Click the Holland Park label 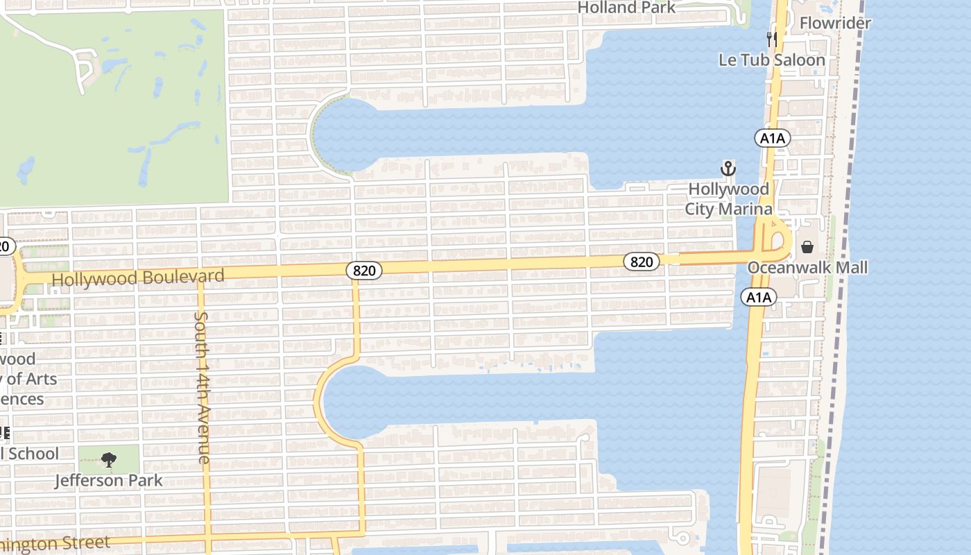(626, 8)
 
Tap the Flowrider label (834, 24)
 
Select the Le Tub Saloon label (772, 60)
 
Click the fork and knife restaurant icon (771, 38)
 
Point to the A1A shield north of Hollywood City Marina (772, 138)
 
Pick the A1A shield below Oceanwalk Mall (758, 298)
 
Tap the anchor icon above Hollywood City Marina (728, 169)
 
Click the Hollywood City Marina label (728, 198)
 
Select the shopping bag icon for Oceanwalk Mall (807, 247)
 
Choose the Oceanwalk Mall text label (807, 268)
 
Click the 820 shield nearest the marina (642, 262)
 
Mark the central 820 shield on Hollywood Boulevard (363, 270)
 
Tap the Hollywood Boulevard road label (138, 278)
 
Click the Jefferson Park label (109, 480)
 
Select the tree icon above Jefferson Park (109, 459)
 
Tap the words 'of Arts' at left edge (31, 379)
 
